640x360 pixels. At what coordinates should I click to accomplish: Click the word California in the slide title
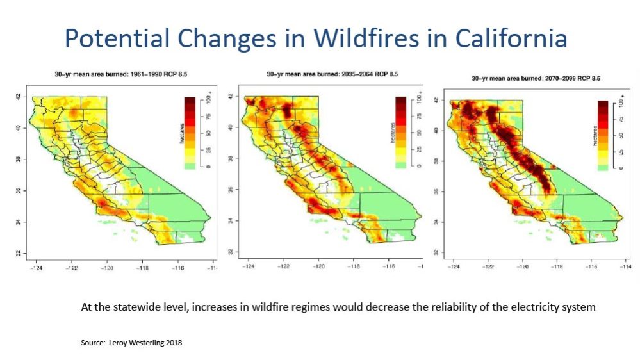[x=511, y=38]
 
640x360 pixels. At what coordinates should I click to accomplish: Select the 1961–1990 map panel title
[x=121, y=74]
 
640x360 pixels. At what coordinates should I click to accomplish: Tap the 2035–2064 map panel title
[x=332, y=74]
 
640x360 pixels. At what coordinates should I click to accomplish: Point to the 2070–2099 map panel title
[x=536, y=78]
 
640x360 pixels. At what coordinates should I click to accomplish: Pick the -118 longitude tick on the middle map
[x=354, y=266]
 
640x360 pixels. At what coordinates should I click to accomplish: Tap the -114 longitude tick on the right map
[x=625, y=266]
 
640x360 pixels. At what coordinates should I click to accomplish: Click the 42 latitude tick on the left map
[x=19, y=97]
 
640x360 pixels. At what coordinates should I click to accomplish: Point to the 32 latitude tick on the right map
[x=436, y=252]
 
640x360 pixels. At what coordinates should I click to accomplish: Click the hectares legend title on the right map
[x=595, y=136]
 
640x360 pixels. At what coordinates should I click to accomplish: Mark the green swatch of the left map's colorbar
[x=190, y=166]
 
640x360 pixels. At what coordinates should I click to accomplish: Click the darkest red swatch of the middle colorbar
[x=401, y=101]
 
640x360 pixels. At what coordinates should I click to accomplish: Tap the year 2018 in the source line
[x=173, y=343]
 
